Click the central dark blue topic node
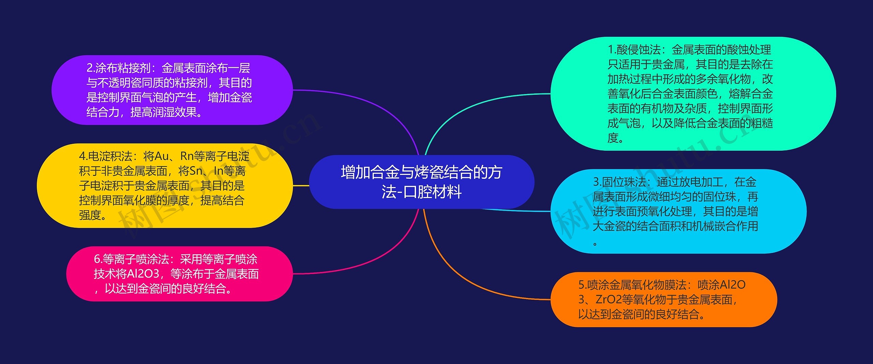click(421, 182)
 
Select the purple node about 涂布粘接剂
click(172, 90)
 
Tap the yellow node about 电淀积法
click(164, 185)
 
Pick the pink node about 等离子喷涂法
click(179, 274)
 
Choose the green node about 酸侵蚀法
click(693, 93)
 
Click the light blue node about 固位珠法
click(678, 211)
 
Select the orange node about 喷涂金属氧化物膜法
click(664, 299)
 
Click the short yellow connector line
click(301, 185)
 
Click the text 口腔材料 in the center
click(432, 192)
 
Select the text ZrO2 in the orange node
click(609, 299)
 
